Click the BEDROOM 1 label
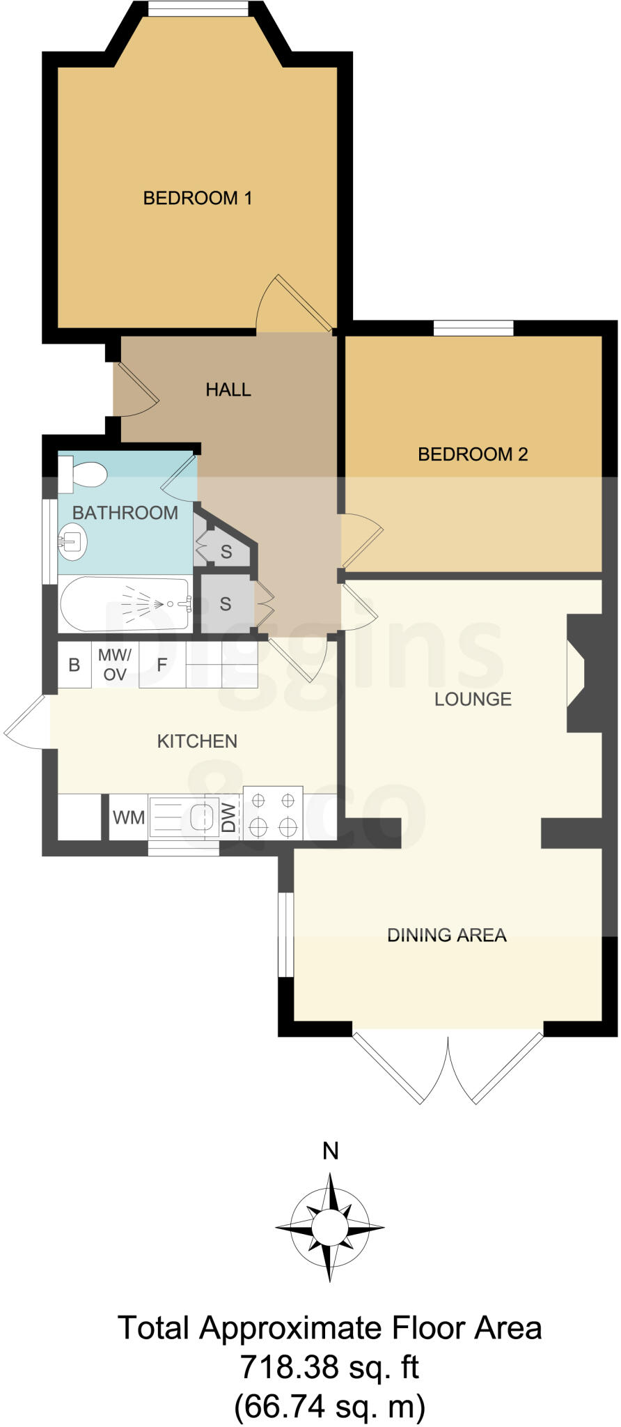pyautogui.click(x=197, y=199)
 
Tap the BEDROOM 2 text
pyautogui.click(x=473, y=454)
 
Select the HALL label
pyautogui.click(x=228, y=389)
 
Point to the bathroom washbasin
pyautogui.click(x=72, y=541)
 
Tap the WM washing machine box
pyautogui.click(x=129, y=817)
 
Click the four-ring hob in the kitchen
pyautogui.click(x=272, y=813)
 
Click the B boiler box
pyautogui.click(x=74, y=665)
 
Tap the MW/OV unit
pyautogui.click(x=115, y=665)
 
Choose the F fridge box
pyautogui.click(x=162, y=665)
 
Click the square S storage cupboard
pyautogui.click(x=225, y=603)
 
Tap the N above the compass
pyautogui.click(x=330, y=1152)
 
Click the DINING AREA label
pyautogui.click(x=446, y=935)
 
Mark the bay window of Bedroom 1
pyautogui.click(x=198, y=9)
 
